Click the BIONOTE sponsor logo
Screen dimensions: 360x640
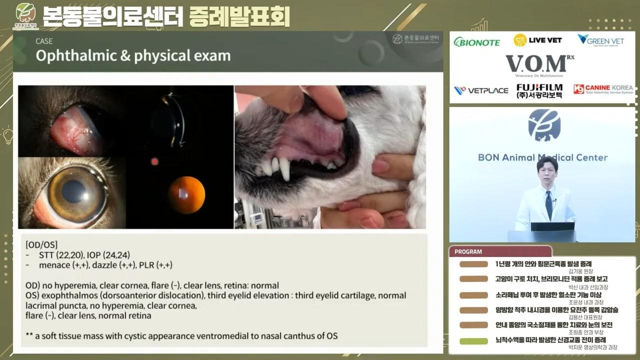tap(476, 42)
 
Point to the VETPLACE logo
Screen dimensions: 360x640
tap(480, 90)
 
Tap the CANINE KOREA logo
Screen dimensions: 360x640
tap(603, 89)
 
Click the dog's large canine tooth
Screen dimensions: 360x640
tap(285, 169)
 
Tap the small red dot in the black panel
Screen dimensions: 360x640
tap(154, 161)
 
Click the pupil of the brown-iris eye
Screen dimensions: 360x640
tap(74, 191)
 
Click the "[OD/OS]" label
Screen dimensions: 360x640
tap(41, 245)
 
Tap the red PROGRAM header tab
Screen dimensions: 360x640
tap(500, 252)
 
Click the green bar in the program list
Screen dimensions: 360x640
tap(473, 341)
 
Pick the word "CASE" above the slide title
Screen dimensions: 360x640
tap(44, 41)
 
